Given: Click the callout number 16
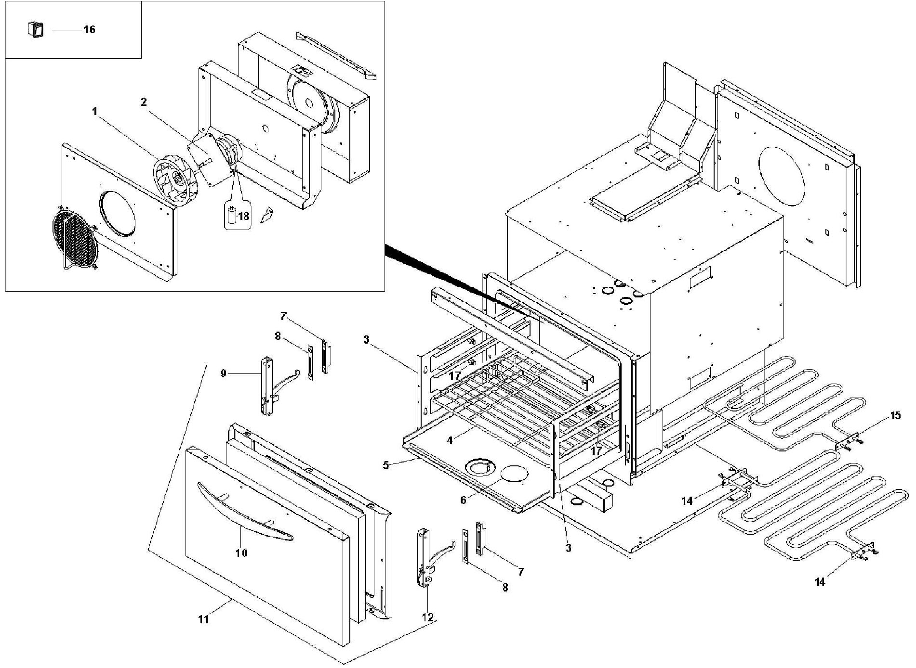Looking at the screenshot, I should click(89, 29).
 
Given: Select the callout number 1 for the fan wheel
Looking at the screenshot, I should click(95, 111).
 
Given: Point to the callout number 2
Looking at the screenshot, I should click(144, 102).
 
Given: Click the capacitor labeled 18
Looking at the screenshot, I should click(232, 216).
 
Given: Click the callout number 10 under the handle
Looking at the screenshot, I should click(241, 553).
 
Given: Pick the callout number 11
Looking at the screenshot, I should click(204, 619).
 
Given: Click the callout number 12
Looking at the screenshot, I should click(427, 617).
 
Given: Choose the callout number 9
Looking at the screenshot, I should click(223, 373).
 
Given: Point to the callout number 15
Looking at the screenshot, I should click(895, 415).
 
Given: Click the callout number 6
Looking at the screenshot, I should click(463, 500).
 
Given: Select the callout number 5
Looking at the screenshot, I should click(385, 465).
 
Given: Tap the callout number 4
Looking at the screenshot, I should click(449, 440).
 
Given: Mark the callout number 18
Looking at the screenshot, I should click(244, 216).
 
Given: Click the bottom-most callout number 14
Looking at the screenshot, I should click(820, 582).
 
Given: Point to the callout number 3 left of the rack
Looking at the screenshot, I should click(366, 340).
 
